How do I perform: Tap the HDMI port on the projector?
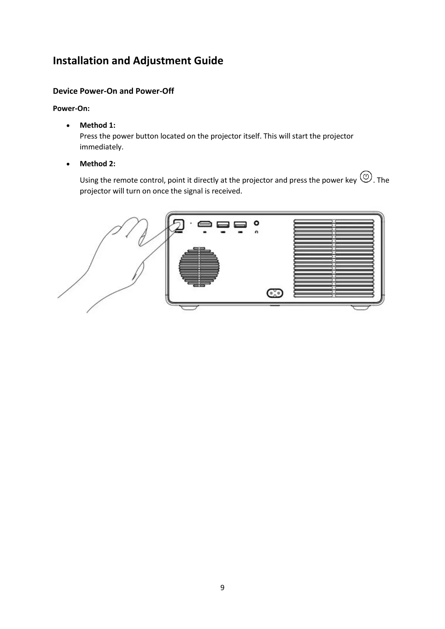(x=205, y=224)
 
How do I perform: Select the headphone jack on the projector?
(x=256, y=223)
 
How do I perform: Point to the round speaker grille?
(x=199, y=267)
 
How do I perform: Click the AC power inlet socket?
(x=274, y=293)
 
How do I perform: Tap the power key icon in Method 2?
(x=367, y=177)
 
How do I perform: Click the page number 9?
(x=222, y=588)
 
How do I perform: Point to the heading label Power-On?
(x=71, y=109)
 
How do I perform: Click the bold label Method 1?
(x=98, y=125)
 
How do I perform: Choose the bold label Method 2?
(x=98, y=164)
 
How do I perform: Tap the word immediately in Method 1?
(x=101, y=147)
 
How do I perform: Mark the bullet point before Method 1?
(x=67, y=125)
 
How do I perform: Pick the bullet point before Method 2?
(x=67, y=164)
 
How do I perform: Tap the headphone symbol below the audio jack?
(x=256, y=232)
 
